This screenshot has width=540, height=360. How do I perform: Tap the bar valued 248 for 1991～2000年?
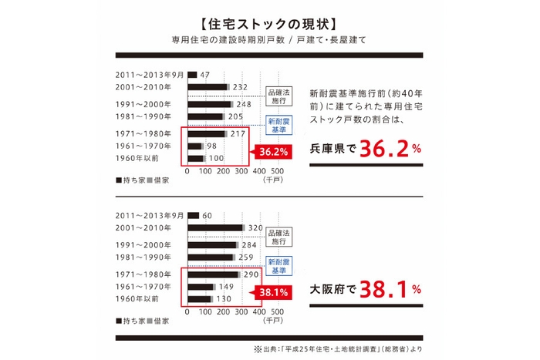pyautogui.click(x=209, y=103)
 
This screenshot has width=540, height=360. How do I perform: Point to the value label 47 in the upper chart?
pyautogui.click(x=204, y=75)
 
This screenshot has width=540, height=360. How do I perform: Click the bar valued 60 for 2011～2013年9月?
pyautogui.click(x=193, y=216)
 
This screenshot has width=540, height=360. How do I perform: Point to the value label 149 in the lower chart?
pyautogui.click(x=227, y=286)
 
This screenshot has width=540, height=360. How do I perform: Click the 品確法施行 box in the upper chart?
pyautogui.click(x=278, y=96)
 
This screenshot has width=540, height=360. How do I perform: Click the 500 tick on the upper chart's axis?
pyautogui.click(x=278, y=172)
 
